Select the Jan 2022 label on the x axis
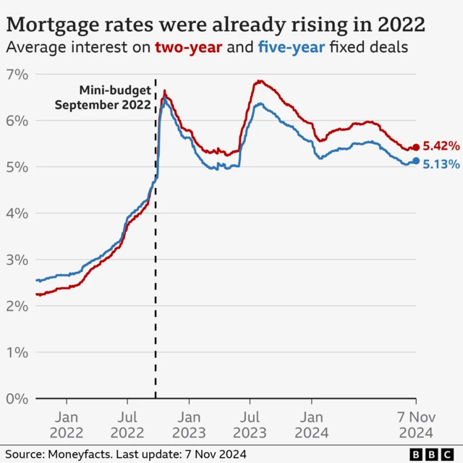click(x=66, y=425)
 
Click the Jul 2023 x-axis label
click(x=250, y=425)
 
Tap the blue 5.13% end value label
click(x=441, y=164)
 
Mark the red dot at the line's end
click(x=416, y=148)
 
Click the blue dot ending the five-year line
click(x=416, y=161)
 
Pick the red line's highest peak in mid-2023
click(x=258, y=81)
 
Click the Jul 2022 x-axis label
click(x=127, y=425)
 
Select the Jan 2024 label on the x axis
click(x=312, y=425)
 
